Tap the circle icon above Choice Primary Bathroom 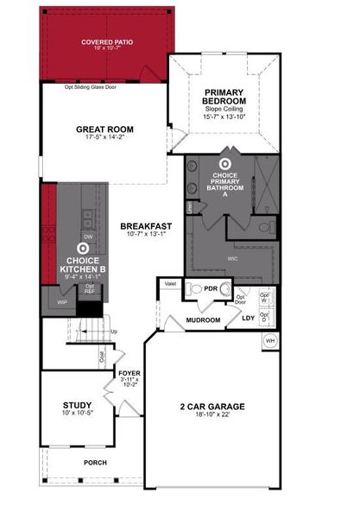click(x=226, y=161)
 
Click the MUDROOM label click(x=204, y=319)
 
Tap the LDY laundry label click(x=248, y=318)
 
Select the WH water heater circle click(x=269, y=340)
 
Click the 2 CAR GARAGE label click(x=213, y=406)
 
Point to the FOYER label click(x=129, y=374)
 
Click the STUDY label click(x=77, y=404)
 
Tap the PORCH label click(x=95, y=462)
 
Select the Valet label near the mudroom click(x=169, y=284)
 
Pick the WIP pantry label click(x=61, y=302)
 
